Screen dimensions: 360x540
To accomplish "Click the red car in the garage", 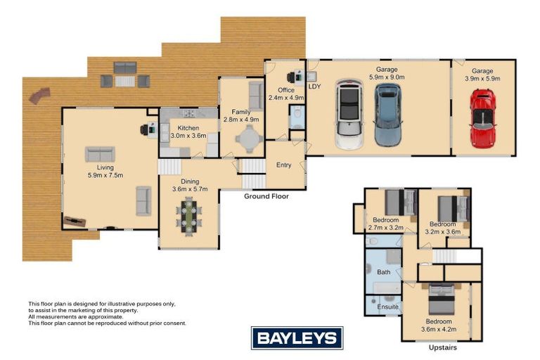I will (x=482, y=117).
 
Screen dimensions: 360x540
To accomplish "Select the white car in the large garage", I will (x=348, y=115).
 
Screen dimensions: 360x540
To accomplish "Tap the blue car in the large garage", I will (x=387, y=115).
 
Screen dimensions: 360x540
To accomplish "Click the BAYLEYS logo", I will (x=297, y=338).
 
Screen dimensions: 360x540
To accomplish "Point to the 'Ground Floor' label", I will (x=266, y=196).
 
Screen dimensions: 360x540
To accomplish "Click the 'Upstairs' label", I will (x=442, y=347).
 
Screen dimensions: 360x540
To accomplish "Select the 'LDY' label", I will (x=314, y=86).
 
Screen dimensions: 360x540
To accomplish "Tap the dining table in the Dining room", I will (x=189, y=214).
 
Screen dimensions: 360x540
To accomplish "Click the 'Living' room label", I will (x=105, y=167).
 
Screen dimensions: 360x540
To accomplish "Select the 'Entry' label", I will (x=284, y=165).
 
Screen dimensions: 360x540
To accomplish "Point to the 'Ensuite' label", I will (x=388, y=307).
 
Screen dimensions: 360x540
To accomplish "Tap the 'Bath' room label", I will (x=384, y=271).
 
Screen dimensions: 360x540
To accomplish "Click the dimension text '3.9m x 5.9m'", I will (x=482, y=79).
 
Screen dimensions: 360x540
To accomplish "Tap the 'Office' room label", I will (x=285, y=90).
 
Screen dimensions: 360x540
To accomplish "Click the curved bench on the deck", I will (x=41, y=95).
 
